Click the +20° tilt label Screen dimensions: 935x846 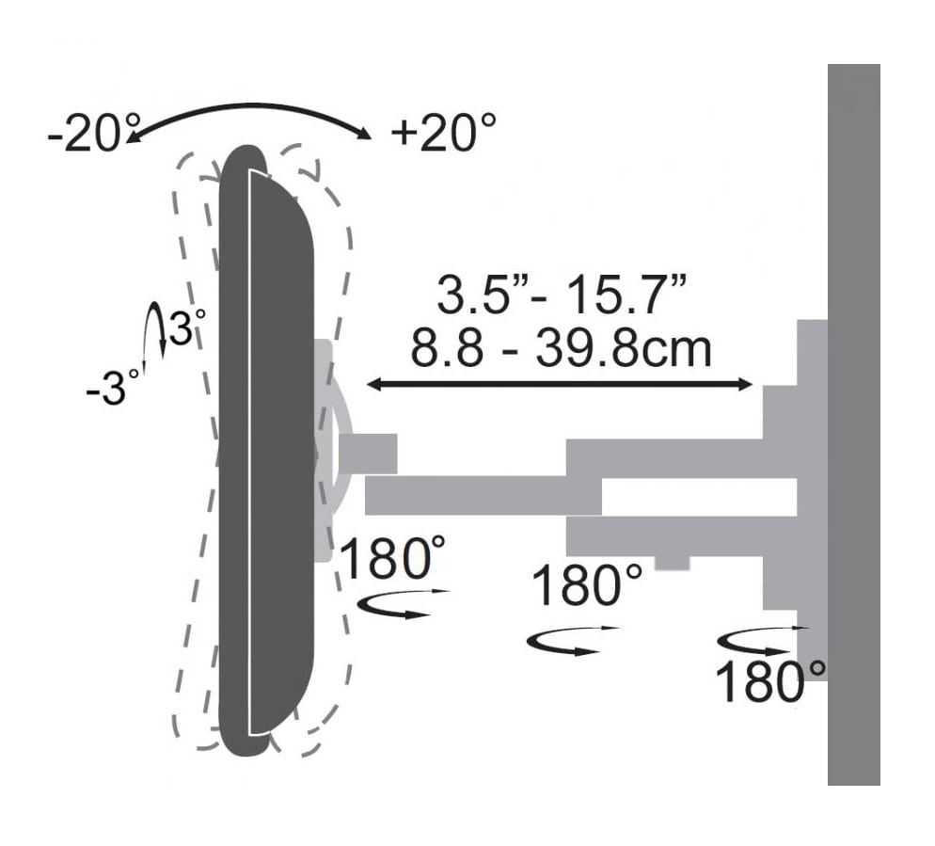click(442, 133)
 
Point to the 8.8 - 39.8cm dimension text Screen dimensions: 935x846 click(562, 348)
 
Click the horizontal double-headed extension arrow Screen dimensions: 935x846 click(560, 385)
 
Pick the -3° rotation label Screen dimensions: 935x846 click(113, 389)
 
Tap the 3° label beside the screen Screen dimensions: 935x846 click(186, 327)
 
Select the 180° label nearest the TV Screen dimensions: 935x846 click(392, 558)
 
